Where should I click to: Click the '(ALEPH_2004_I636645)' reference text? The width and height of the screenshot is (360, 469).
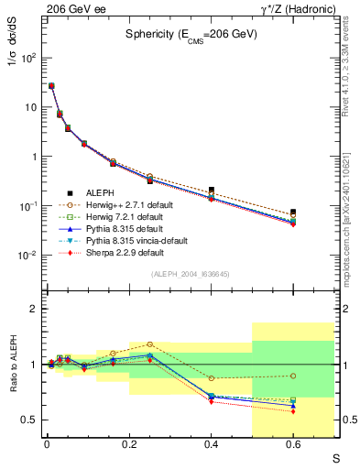(x=190, y=273)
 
